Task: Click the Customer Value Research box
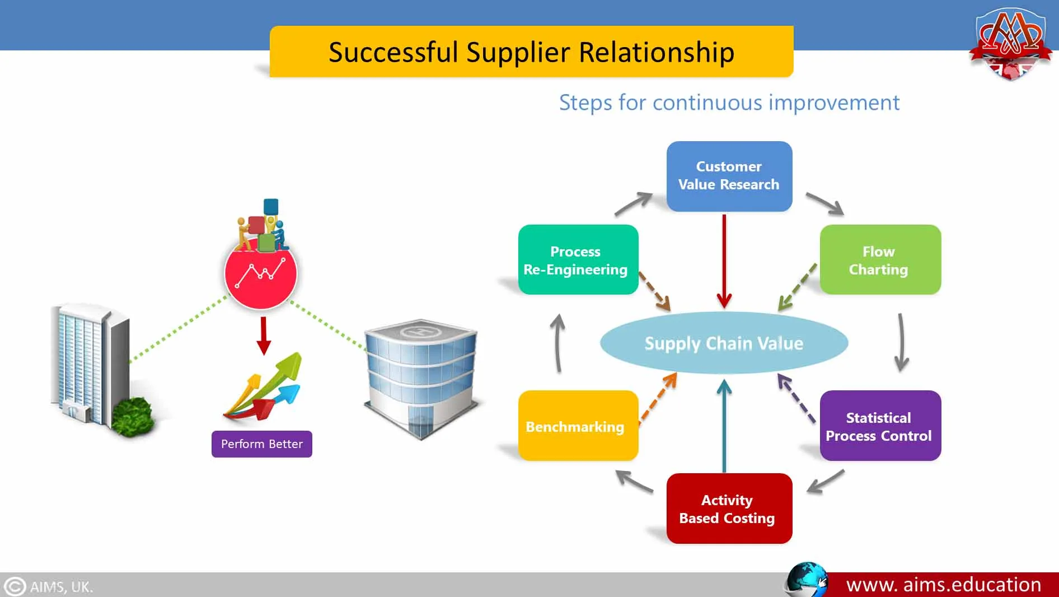point(729,176)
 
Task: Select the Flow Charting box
point(880,260)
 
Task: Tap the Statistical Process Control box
point(880,426)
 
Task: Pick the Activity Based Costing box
point(729,509)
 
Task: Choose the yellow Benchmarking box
point(578,426)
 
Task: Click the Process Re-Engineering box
point(578,260)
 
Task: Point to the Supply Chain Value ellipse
point(724,343)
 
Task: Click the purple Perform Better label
point(261,444)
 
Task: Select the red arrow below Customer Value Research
point(724,260)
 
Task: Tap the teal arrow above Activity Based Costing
point(724,426)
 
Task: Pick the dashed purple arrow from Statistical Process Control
point(796,398)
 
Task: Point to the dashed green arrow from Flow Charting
point(797,288)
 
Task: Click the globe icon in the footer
point(807,580)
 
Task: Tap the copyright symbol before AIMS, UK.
point(15,586)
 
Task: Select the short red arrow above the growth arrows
point(264,335)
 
